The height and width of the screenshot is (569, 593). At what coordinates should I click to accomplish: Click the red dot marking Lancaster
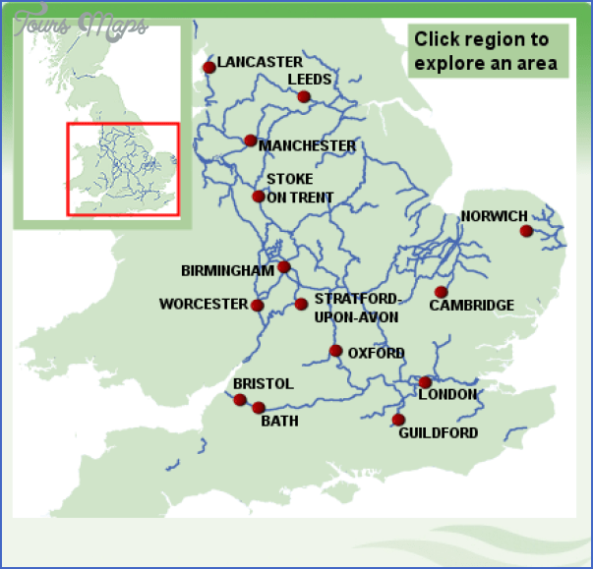[208, 68]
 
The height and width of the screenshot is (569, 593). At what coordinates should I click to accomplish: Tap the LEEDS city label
[310, 80]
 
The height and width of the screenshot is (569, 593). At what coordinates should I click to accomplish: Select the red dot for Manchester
[250, 141]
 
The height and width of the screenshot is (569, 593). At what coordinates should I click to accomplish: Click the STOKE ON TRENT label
[299, 188]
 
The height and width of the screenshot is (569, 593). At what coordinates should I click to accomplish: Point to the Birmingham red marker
[284, 267]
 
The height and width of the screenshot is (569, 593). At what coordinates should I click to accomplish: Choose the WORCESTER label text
[204, 305]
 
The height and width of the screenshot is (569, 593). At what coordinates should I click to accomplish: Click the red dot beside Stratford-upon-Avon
[301, 305]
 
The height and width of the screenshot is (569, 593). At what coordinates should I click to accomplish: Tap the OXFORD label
[376, 353]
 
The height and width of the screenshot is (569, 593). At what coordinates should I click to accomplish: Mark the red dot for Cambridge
[442, 292]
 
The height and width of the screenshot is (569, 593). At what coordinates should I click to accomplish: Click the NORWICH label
[494, 216]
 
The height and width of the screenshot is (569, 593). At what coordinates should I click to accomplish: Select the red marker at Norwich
[526, 231]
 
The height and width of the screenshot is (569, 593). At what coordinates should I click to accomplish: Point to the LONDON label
[447, 395]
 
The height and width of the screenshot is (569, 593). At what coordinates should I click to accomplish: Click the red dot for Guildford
[398, 420]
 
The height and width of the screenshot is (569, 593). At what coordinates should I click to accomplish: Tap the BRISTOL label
[263, 383]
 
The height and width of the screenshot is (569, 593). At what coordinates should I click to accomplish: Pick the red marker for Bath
[259, 408]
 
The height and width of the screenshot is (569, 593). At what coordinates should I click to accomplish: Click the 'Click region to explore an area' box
[489, 52]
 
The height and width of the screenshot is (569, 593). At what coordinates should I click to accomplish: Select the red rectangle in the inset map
[123, 169]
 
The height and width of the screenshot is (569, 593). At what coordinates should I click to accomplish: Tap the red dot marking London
[425, 383]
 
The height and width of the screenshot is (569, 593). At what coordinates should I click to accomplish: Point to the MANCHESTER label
[307, 145]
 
